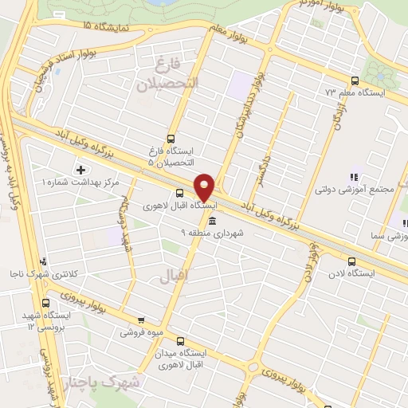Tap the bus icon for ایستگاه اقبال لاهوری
pos(179,193)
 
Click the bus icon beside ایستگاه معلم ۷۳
pos(355,80)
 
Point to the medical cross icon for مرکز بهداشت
pos(80,169)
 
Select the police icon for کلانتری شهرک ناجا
pos(43,261)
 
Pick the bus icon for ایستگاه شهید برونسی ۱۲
pos(45,303)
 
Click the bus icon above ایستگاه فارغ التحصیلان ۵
pos(171,137)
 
